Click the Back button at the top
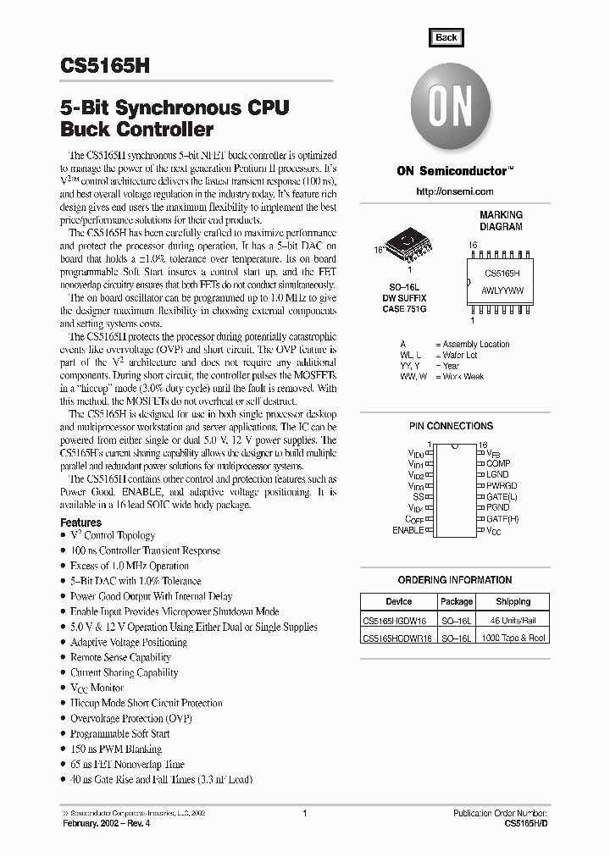(x=446, y=37)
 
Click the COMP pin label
(x=498, y=464)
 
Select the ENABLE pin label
(x=408, y=530)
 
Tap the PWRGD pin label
(x=502, y=486)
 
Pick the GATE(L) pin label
(x=502, y=497)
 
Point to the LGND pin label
(x=498, y=475)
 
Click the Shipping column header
(x=513, y=601)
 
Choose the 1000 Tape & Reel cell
(x=513, y=639)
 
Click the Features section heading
(x=81, y=522)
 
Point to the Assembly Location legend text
(x=476, y=344)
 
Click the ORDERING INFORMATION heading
(x=455, y=580)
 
